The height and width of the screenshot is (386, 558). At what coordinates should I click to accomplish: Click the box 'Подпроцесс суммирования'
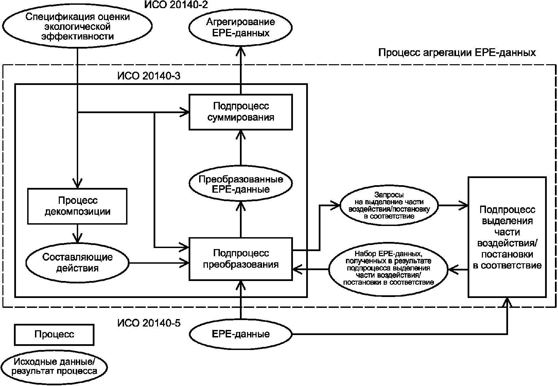click(x=241, y=112)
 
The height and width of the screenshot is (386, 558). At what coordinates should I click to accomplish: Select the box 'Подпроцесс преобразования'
click(x=241, y=259)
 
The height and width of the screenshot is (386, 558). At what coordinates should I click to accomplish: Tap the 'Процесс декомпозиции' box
click(x=77, y=206)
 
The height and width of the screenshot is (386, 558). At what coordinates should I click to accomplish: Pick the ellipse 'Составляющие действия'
click(x=77, y=263)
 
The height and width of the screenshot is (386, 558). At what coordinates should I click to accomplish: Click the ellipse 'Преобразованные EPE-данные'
click(x=241, y=184)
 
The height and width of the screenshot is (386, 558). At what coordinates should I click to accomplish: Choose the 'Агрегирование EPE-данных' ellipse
click(x=241, y=28)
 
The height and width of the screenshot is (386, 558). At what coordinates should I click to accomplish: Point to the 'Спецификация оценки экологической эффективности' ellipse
click(x=77, y=27)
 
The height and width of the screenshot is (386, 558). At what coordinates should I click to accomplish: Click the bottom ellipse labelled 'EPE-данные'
click(x=241, y=334)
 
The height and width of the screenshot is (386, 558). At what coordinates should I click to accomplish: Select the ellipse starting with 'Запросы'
click(x=389, y=206)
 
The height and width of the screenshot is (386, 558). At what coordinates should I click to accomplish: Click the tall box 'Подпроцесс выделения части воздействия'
click(x=507, y=237)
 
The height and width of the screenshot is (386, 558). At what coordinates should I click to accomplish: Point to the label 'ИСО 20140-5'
click(x=149, y=323)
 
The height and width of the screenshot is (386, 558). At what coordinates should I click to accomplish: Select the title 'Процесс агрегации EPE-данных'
click(x=457, y=53)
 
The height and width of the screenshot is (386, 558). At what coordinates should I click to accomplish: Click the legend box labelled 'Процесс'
click(x=54, y=334)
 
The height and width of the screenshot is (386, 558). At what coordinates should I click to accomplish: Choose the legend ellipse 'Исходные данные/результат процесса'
click(x=54, y=366)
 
